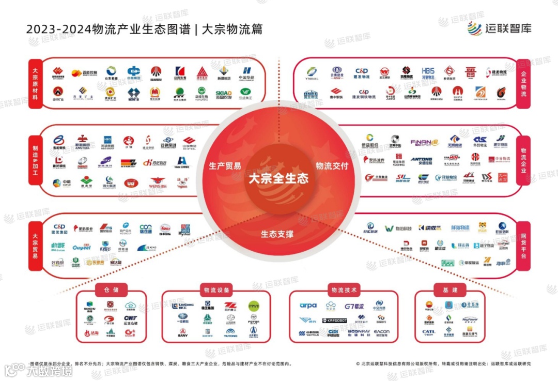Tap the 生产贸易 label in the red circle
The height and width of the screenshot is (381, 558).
[225, 166]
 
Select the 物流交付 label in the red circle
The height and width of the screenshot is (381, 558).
[332, 166]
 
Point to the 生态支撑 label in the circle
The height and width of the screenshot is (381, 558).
[277, 234]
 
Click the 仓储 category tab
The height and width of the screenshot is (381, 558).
[111, 289]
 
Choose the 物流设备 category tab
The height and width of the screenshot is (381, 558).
[216, 289]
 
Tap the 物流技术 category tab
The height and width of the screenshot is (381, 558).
[344, 289]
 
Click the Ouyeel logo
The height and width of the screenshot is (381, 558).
[81, 248]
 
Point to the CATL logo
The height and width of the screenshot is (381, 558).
[428, 332]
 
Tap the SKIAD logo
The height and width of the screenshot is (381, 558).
[223, 94]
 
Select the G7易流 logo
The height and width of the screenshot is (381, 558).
[354, 306]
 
